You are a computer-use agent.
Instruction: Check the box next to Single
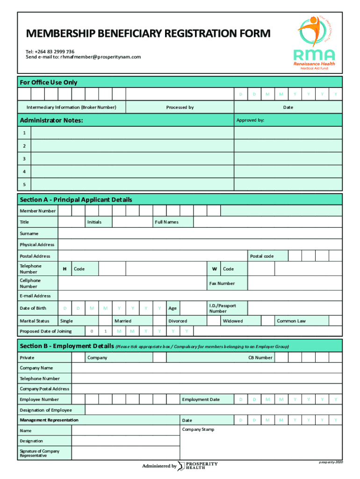coord(92,321)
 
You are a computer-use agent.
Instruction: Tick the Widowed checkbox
coord(267,321)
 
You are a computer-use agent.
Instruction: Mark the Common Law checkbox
coord(335,321)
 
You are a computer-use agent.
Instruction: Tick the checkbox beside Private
coord(78,357)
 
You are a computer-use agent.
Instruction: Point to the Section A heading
coord(76,200)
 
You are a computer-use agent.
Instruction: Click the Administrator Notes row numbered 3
coord(132,159)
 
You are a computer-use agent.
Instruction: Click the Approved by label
coord(250,120)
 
